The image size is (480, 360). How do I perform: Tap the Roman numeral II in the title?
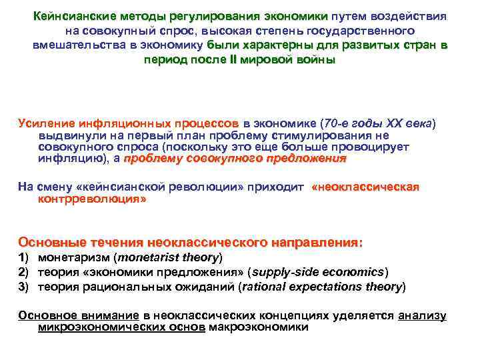coord(251,59)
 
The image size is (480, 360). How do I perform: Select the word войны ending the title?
coord(315,59)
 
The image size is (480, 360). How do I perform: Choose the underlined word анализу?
coord(422,315)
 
